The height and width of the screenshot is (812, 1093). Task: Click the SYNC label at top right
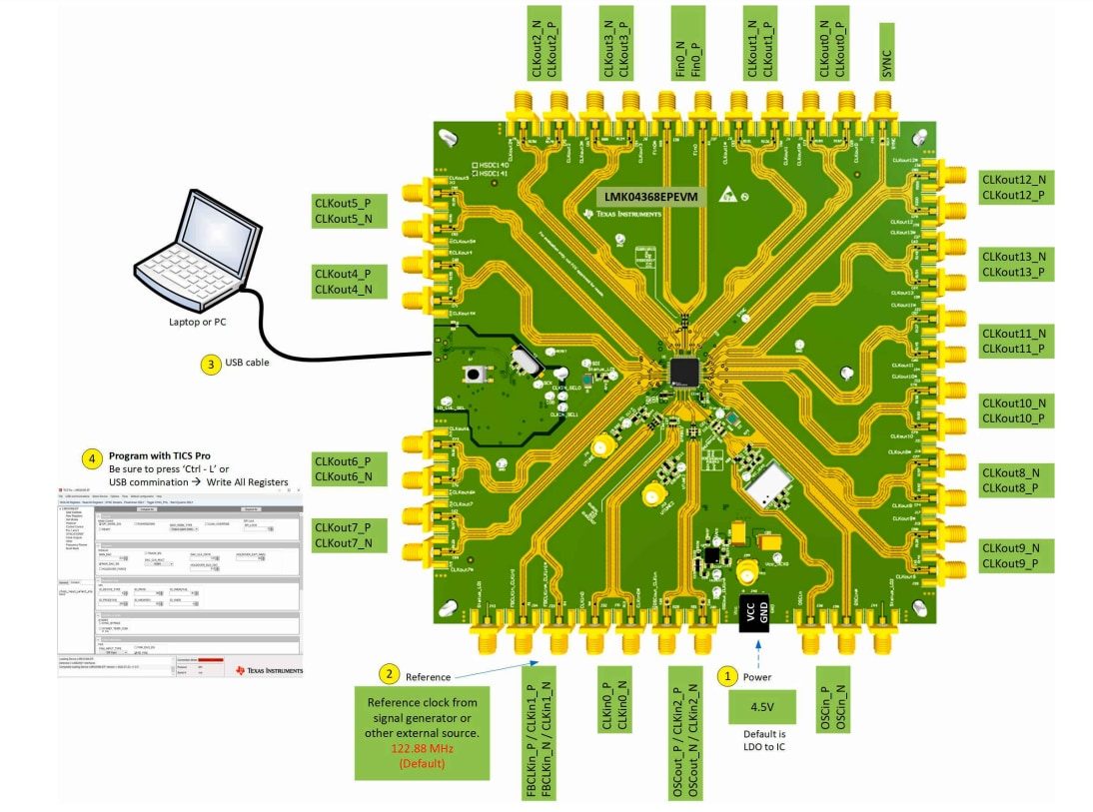(886, 52)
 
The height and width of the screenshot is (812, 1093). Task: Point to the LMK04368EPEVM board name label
(650, 197)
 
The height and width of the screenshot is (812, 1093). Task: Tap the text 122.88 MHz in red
(423, 749)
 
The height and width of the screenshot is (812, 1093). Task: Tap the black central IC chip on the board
(685, 373)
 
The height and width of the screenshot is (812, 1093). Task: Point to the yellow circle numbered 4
(92, 460)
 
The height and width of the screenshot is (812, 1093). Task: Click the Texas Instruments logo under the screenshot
(269, 670)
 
